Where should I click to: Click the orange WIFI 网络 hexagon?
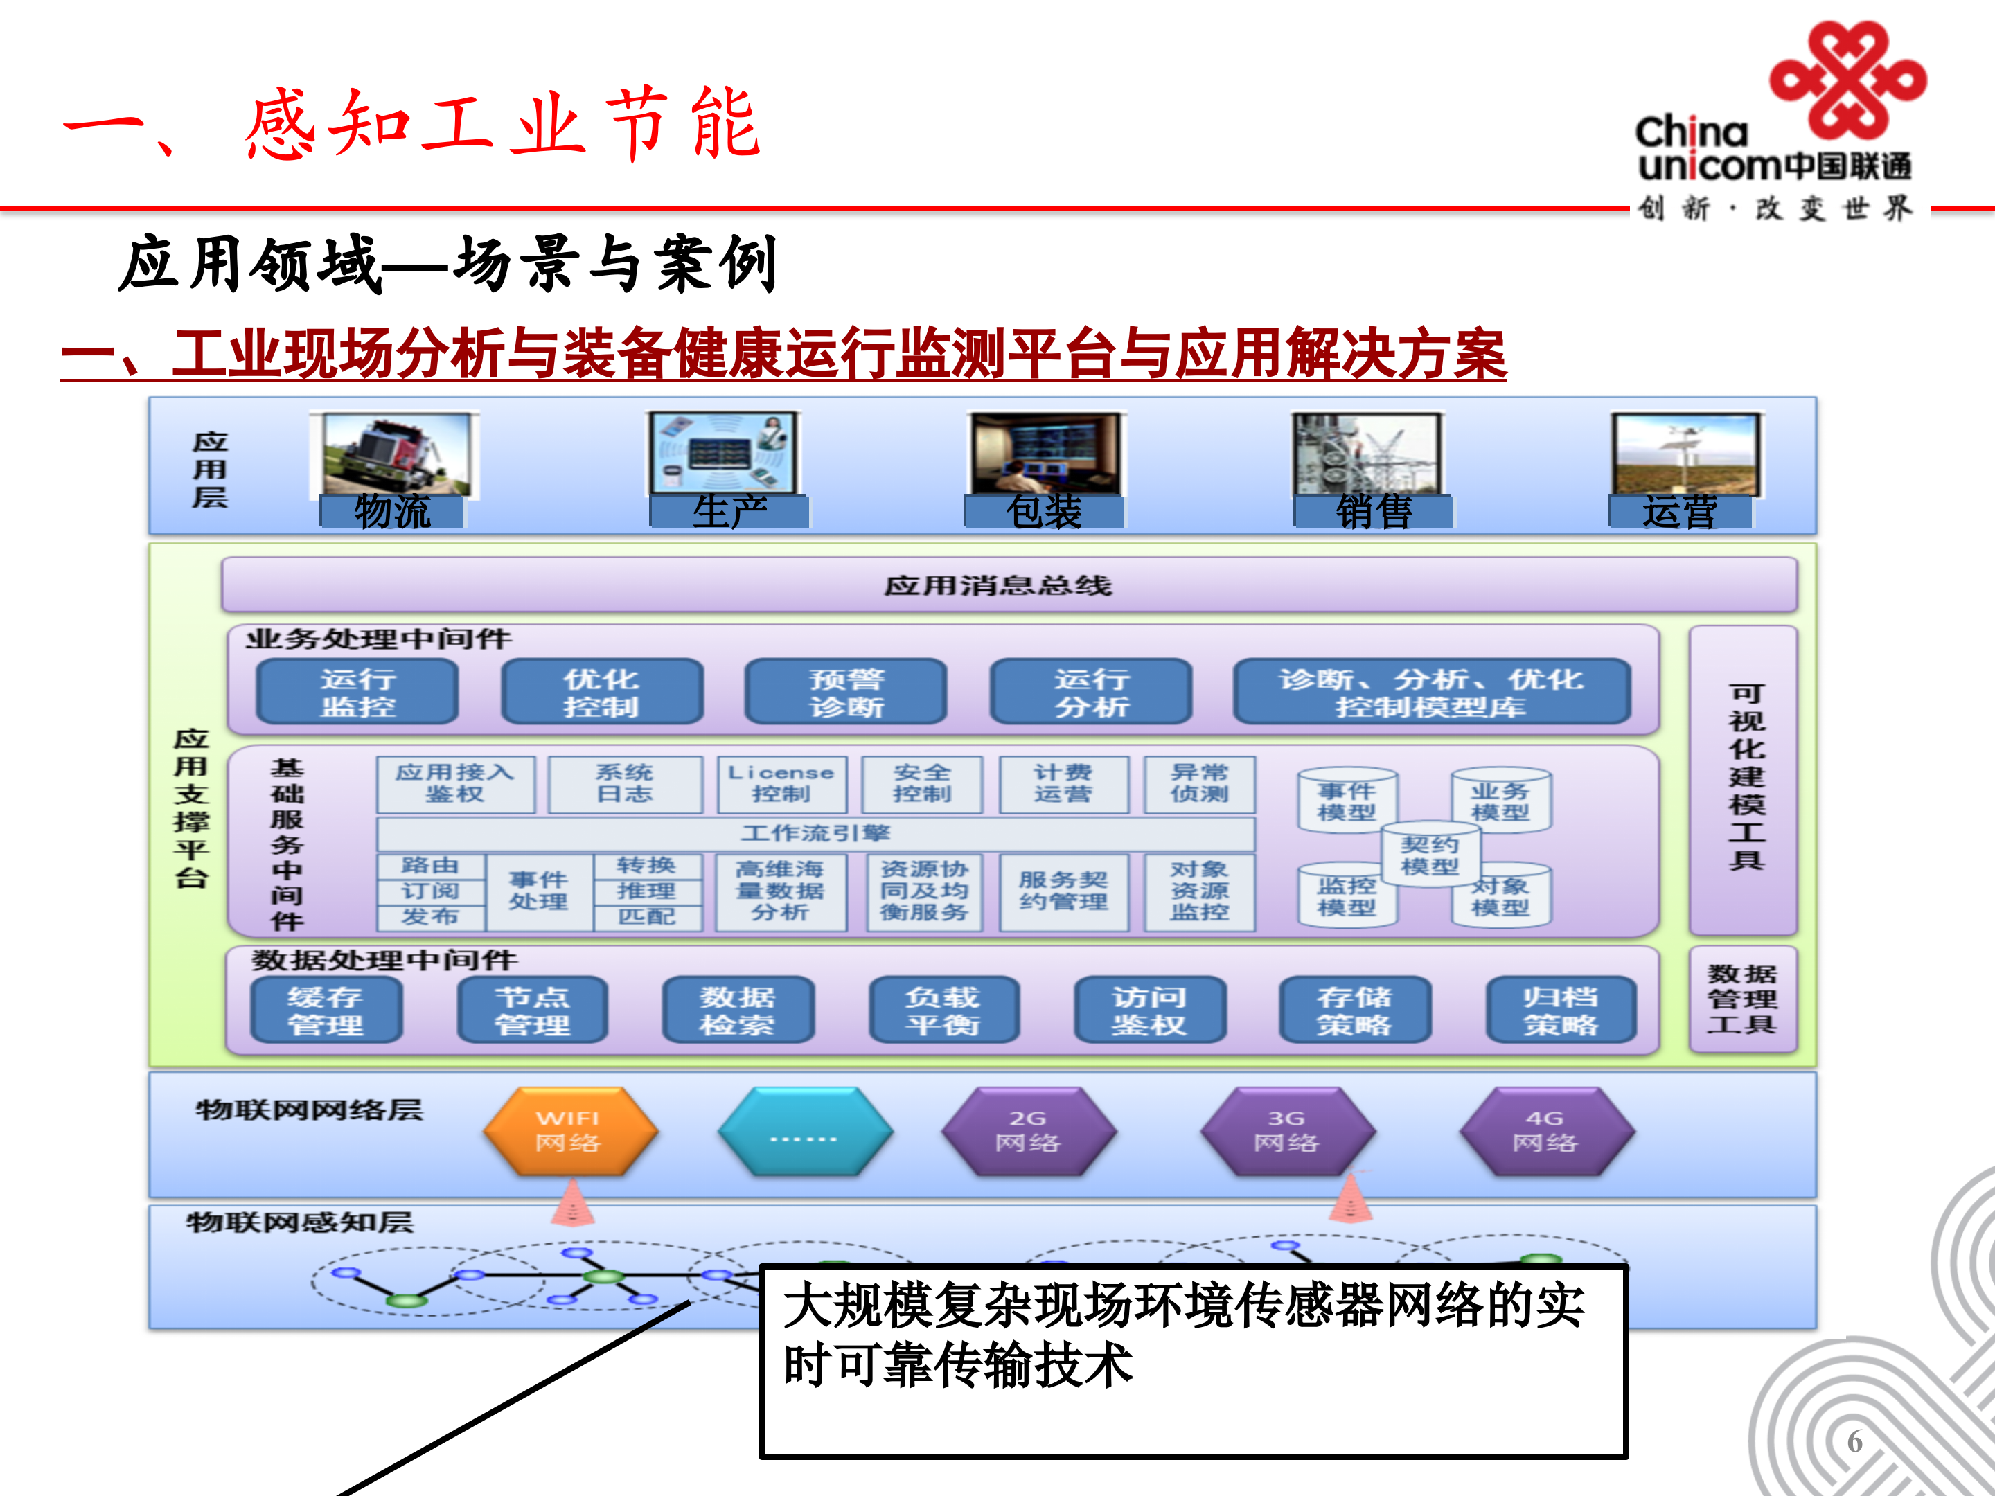click(x=569, y=1131)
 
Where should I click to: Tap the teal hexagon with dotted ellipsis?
click(x=804, y=1131)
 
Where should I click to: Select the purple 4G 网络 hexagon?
click(x=1546, y=1131)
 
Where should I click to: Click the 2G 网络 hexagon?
click(x=1028, y=1131)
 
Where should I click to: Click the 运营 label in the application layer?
click(x=1679, y=511)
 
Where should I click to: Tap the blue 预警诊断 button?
click(x=846, y=692)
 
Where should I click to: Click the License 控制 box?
click(x=781, y=783)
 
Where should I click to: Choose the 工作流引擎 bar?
click(x=815, y=833)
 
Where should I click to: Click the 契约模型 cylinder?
click(x=1428, y=855)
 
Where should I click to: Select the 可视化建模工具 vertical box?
click(x=1744, y=780)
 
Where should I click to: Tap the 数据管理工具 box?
click(x=1741, y=999)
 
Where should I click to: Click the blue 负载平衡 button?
click(x=943, y=1010)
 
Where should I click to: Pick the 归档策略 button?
click(x=1560, y=1010)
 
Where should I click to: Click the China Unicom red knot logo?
click(x=1846, y=81)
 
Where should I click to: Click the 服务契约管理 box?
click(x=1063, y=891)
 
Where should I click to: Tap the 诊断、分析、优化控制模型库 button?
click(x=1430, y=692)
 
